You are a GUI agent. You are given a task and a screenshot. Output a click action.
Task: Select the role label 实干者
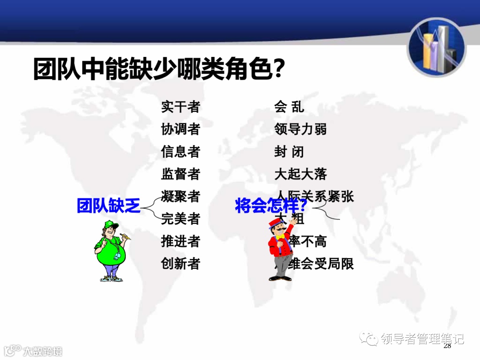point(180,107)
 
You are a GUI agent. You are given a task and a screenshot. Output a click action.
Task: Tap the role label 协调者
point(180,129)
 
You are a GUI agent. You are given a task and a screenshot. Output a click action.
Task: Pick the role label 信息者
point(180,152)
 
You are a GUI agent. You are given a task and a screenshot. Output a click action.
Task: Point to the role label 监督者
point(180,174)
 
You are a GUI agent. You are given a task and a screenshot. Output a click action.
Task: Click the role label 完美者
point(180,219)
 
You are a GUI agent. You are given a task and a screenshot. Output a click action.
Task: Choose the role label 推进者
point(180,241)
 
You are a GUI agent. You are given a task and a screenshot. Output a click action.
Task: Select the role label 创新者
point(180,264)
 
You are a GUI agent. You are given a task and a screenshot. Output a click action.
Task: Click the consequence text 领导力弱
point(300,129)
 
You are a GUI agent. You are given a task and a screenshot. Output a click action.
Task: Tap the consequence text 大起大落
point(300,174)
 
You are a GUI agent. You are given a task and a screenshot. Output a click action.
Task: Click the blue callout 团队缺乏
point(108,206)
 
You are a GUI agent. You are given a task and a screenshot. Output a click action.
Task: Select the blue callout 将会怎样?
point(271,206)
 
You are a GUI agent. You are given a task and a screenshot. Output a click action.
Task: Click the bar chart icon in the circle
point(436,48)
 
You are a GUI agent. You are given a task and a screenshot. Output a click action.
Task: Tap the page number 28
point(447,346)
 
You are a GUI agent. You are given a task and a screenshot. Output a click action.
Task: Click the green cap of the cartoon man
point(111,225)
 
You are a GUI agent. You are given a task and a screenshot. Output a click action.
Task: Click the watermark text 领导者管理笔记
point(422,339)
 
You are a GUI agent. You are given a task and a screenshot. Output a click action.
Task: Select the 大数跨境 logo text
point(42,351)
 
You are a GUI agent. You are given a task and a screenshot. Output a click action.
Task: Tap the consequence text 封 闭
point(289,152)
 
